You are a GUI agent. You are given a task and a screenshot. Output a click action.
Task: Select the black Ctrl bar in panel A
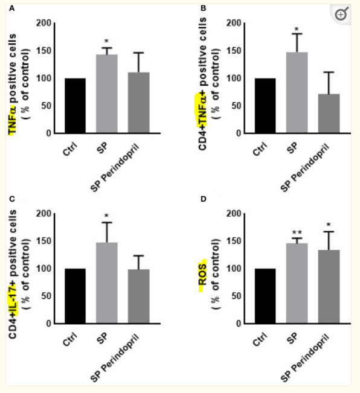75,106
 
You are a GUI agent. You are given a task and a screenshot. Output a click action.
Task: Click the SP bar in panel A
106,94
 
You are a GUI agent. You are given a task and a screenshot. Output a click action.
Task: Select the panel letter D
204,199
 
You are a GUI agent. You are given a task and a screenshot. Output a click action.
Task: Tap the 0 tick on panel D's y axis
239,324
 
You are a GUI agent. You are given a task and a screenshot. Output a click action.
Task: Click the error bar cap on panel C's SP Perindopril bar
138,255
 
